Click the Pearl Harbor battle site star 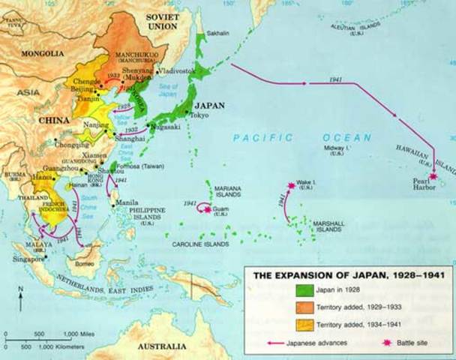click(x=433, y=178)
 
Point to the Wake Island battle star click(x=291, y=185)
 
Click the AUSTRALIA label click(x=162, y=346)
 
